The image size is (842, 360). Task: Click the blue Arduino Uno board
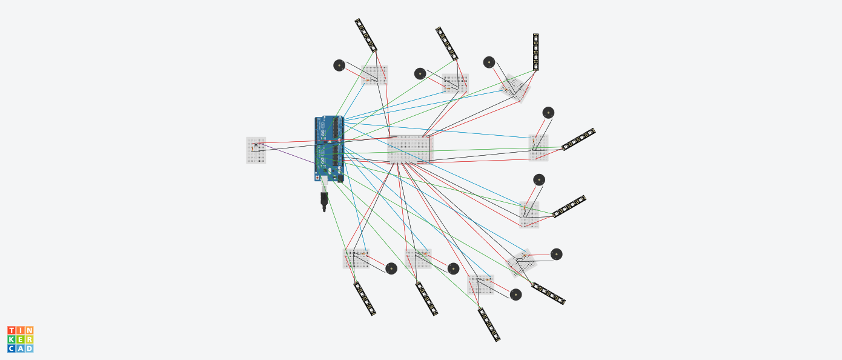point(328,148)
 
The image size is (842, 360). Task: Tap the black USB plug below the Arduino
point(324,201)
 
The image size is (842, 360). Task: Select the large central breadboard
point(410,149)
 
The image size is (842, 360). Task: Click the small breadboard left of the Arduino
point(256,150)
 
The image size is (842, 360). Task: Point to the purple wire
point(285,154)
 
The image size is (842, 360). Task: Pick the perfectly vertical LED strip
point(535,52)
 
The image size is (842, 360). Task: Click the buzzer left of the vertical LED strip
point(489,62)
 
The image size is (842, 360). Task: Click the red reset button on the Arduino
point(317,178)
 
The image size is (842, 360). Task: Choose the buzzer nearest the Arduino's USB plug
point(391,268)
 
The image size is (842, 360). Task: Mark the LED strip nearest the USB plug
point(365,299)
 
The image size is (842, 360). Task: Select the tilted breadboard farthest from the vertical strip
point(521,262)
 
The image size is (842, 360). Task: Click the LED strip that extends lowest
point(489,325)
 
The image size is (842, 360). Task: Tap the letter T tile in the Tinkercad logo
point(11,330)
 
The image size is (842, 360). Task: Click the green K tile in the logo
point(11,339)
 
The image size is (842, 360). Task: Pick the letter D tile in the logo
point(29,348)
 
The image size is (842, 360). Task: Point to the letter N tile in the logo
point(29,330)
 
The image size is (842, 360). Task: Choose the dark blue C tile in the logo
point(11,348)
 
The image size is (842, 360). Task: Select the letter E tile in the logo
point(20,339)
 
